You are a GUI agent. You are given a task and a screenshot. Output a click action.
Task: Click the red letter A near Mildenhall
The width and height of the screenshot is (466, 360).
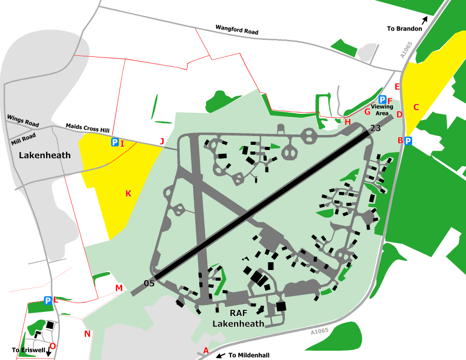click(x=206, y=350)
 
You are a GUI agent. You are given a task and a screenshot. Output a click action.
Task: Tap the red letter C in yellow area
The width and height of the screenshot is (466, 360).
click(x=416, y=107)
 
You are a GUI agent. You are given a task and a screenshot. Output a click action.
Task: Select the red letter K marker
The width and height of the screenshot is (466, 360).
click(x=128, y=193)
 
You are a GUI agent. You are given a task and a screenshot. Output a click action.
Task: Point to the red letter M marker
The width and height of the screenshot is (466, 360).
click(x=119, y=288)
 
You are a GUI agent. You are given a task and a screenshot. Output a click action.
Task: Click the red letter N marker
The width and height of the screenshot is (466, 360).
click(x=87, y=334)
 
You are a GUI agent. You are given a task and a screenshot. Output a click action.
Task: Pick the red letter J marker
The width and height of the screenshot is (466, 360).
click(x=162, y=141)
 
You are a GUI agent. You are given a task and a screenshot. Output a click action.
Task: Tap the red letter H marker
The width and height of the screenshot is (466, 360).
click(x=348, y=122)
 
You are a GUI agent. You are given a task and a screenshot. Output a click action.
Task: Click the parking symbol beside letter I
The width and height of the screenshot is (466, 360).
click(x=114, y=142)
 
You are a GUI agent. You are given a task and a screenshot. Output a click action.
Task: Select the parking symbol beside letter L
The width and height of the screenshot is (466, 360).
click(x=48, y=300)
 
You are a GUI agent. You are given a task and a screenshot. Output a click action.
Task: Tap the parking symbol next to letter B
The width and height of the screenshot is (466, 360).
click(x=409, y=141)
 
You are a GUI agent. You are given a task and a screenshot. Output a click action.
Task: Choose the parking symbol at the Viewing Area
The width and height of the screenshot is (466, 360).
click(x=383, y=100)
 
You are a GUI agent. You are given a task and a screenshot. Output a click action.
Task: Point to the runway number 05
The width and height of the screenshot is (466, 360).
click(x=149, y=283)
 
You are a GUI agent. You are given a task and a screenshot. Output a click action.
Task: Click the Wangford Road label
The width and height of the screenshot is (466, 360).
click(x=237, y=31)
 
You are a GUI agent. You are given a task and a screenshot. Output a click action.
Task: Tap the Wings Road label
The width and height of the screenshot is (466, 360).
click(x=23, y=121)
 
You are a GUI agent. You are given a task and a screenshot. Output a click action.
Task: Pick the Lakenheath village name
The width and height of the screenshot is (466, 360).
click(x=45, y=155)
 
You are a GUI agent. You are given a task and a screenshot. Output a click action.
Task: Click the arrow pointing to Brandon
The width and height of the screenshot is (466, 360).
click(x=425, y=21)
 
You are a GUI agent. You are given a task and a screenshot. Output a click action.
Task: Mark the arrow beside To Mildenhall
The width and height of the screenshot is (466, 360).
click(x=220, y=356)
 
